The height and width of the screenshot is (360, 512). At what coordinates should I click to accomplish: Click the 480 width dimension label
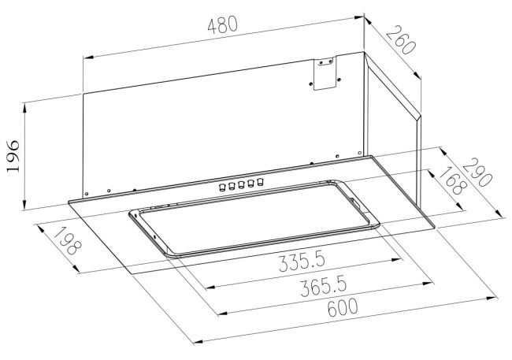pos(222,26)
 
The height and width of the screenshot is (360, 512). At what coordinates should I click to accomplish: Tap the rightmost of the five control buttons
pos(259,183)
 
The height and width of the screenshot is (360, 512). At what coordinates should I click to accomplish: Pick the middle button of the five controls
pos(241,185)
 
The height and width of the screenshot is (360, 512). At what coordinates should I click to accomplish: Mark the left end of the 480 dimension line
pos(83,58)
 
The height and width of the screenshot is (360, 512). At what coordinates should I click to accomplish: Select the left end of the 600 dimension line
pos(194,342)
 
